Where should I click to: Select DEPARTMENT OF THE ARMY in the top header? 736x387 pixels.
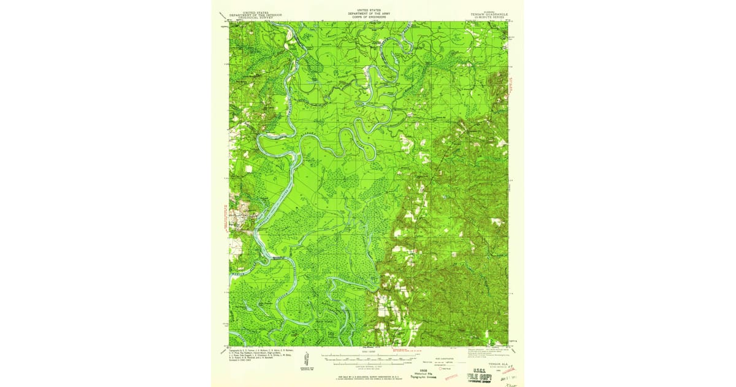pos(368,13)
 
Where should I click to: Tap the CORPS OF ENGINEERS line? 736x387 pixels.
pos(368,16)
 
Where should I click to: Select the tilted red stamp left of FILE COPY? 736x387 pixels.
pos(451,374)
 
